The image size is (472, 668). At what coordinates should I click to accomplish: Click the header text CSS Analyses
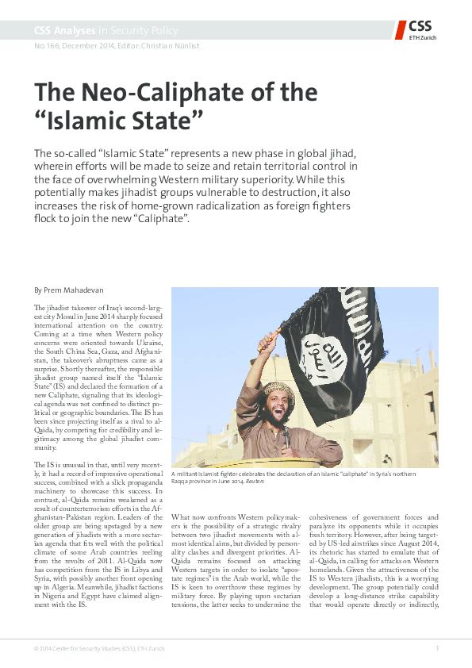point(63,31)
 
